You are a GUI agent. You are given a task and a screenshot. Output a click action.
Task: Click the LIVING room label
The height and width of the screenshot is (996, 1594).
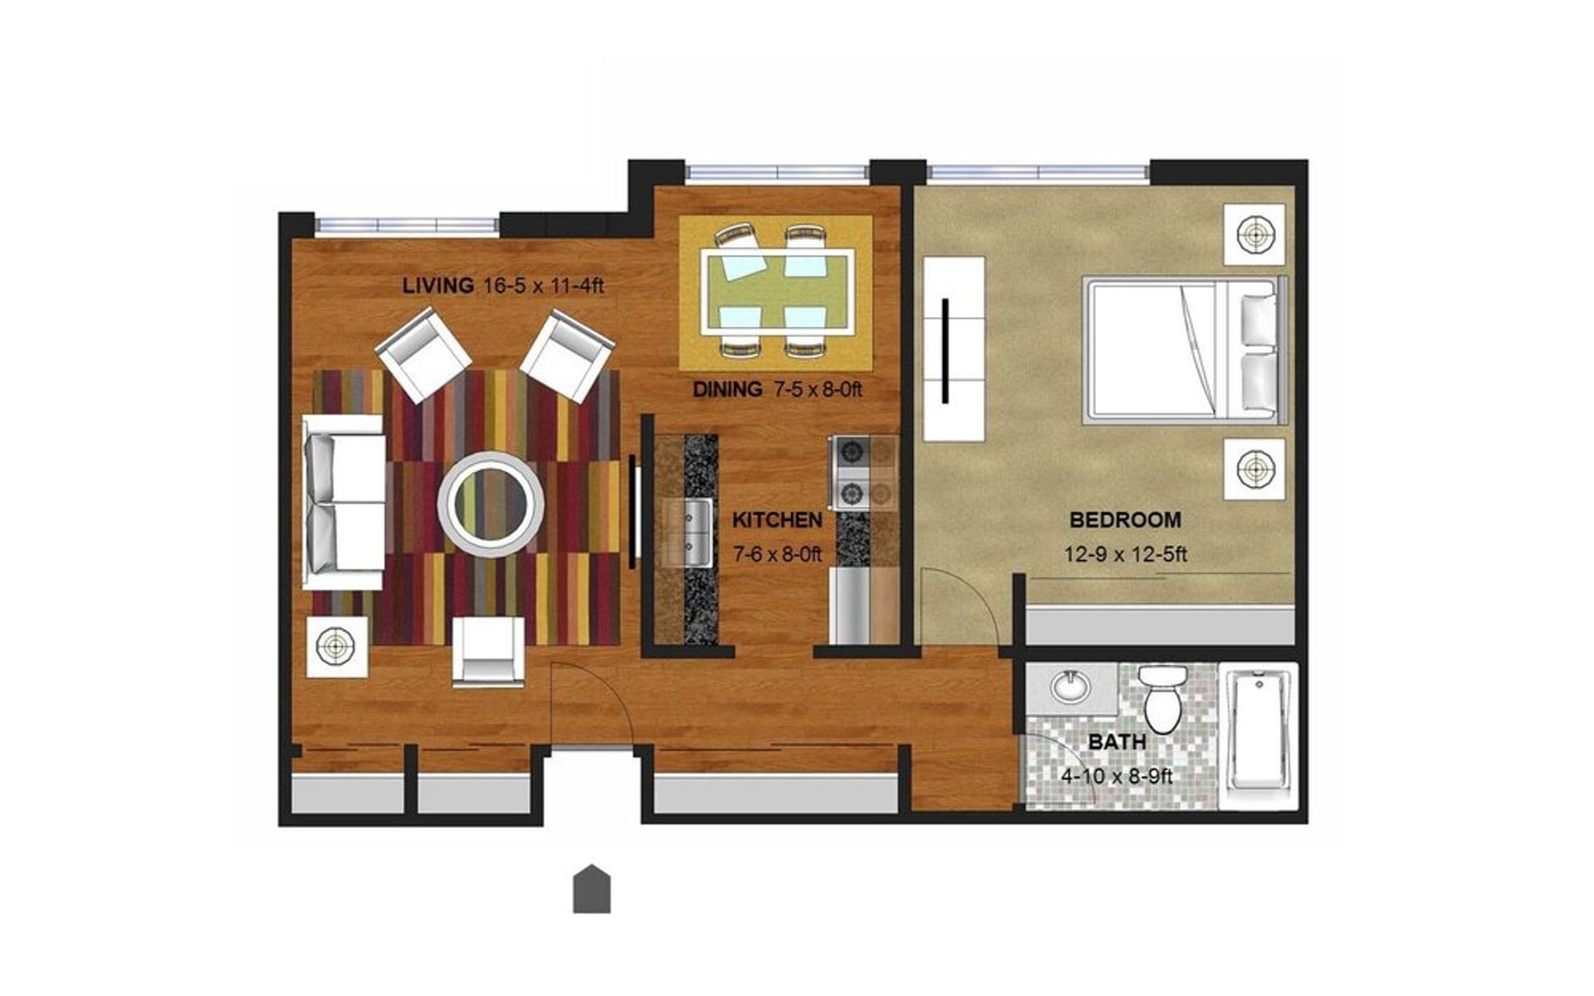(437, 286)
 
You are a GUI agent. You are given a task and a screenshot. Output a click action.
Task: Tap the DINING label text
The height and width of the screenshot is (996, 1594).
(727, 388)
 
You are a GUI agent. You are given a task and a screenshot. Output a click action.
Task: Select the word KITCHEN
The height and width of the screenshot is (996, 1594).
(777, 520)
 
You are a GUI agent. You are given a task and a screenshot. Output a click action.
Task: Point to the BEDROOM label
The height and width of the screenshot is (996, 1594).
(1125, 520)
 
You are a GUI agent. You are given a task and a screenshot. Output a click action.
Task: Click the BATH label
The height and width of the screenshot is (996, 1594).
(1117, 742)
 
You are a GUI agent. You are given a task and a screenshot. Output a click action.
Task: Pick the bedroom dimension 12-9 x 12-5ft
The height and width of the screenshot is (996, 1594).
(1125, 554)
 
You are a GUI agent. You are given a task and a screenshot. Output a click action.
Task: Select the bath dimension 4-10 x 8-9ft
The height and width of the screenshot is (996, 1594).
(1117, 777)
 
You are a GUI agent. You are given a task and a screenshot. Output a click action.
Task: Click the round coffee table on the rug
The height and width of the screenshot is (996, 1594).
(491, 503)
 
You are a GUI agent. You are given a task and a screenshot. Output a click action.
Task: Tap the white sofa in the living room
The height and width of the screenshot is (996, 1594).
(343, 502)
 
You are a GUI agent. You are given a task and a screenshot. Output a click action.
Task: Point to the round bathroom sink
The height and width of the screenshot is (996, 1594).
(1070, 686)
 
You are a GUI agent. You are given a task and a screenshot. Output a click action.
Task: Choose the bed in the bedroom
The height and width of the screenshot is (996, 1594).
(1183, 351)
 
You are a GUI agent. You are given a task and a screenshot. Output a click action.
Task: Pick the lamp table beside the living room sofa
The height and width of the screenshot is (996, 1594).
(336, 645)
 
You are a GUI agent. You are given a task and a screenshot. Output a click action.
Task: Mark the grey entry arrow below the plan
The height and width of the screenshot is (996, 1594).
(592, 889)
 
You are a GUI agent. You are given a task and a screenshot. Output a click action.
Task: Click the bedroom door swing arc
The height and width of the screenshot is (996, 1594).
(963, 602)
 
